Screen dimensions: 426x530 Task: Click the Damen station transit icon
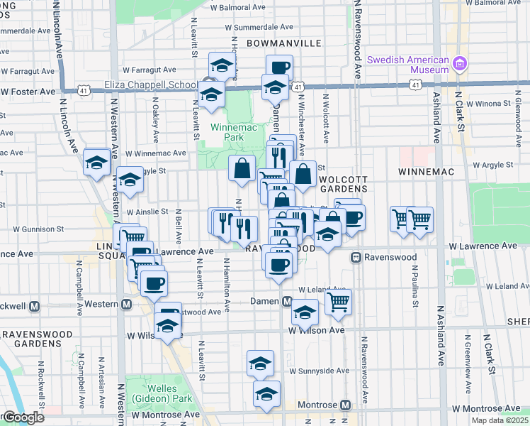tap(287, 301)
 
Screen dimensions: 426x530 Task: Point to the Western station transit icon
tap(127, 305)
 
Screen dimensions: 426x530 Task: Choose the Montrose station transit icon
tap(345, 405)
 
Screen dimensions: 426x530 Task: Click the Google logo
tap(23, 417)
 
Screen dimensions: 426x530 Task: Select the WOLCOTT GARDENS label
tap(344, 183)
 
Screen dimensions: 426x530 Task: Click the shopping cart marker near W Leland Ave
tap(339, 301)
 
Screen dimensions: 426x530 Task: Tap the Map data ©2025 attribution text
tap(501, 420)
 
